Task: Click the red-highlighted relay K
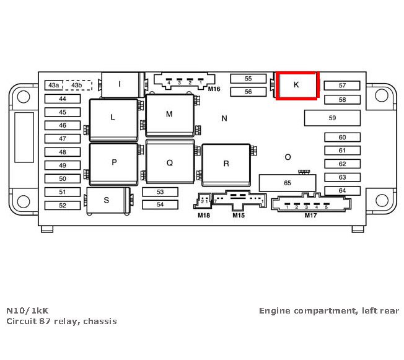point(296,85)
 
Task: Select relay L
point(113,117)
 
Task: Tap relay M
point(169,115)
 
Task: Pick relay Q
point(169,163)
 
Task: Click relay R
point(226,164)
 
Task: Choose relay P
point(114,162)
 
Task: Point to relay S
point(107,200)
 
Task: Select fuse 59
point(332,118)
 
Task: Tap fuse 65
point(288,183)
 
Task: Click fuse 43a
point(54,85)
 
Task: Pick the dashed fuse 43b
point(76,85)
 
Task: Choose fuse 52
point(62,205)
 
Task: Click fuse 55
point(248,79)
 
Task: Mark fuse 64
point(342,191)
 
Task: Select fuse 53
point(160,192)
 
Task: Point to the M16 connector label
point(214,89)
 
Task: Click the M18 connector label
point(204,215)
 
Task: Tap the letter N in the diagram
point(224,118)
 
